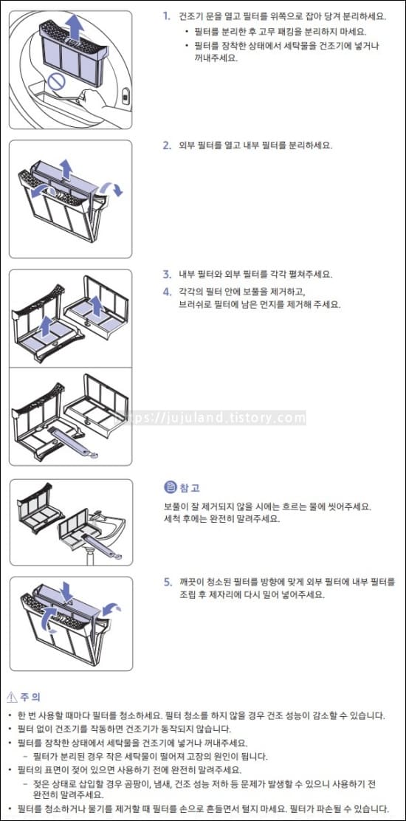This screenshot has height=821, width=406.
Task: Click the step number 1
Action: (x=166, y=16)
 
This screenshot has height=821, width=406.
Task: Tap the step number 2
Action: (x=167, y=145)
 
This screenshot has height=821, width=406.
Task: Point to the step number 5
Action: (x=168, y=583)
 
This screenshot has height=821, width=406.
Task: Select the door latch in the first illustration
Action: (x=125, y=95)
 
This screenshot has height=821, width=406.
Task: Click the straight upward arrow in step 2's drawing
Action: (x=66, y=168)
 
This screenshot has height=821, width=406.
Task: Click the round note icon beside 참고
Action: (x=169, y=487)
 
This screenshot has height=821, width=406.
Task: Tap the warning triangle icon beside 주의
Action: (x=12, y=697)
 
